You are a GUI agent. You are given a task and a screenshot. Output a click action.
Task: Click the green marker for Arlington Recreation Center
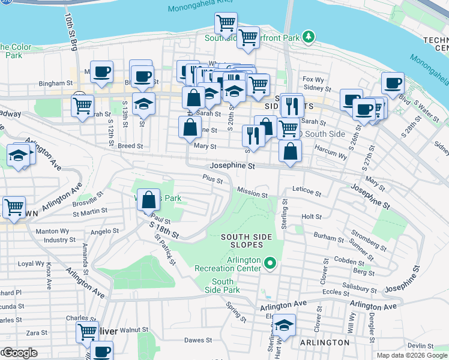270,262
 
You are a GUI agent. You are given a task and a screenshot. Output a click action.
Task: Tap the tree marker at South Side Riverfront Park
309,37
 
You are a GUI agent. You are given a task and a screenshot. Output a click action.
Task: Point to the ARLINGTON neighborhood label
325,343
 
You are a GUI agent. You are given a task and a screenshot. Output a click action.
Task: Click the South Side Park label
223,286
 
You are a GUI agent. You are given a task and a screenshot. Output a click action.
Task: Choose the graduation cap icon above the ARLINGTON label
284,326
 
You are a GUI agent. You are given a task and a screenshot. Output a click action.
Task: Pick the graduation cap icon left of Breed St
19,155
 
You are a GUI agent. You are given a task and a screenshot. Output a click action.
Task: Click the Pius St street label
212,179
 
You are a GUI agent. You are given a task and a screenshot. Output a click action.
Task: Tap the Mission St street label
252,194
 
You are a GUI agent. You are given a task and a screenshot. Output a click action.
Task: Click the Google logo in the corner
19,353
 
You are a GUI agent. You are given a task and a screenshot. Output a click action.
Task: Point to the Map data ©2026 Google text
411,355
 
